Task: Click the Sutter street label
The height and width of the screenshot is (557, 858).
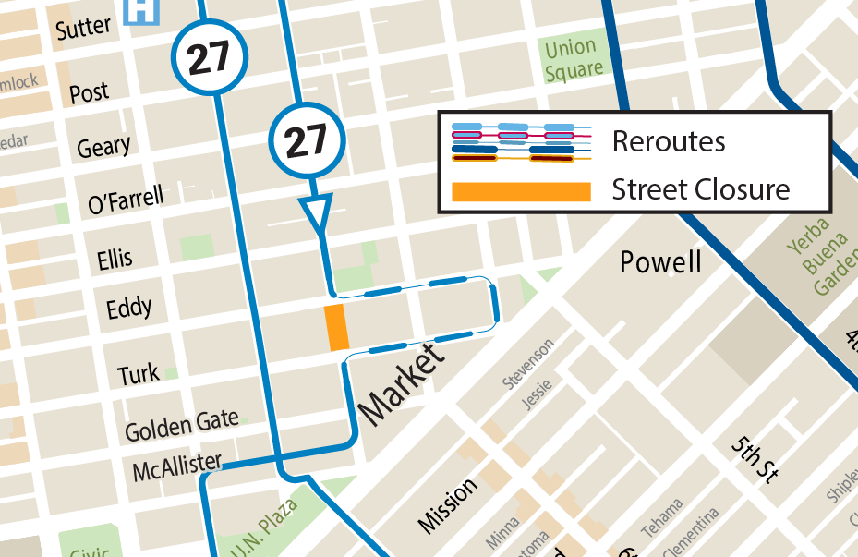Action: click(82, 28)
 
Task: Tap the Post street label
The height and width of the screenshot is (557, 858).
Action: click(89, 92)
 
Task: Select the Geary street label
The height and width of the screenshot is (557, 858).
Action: click(103, 147)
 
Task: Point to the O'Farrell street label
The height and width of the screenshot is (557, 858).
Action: click(126, 199)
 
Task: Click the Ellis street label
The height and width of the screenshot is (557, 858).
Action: click(115, 259)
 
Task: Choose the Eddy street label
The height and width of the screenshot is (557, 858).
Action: click(128, 308)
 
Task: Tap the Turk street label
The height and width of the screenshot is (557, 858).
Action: click(138, 375)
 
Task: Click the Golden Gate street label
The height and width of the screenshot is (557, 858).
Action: click(181, 426)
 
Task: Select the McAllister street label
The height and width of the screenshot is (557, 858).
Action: click(176, 467)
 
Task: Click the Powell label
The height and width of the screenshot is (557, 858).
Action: click(660, 262)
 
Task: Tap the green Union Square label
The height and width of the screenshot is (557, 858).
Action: click(572, 58)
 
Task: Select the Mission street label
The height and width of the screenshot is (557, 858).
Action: click(448, 505)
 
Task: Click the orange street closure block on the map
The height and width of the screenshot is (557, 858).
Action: click(336, 327)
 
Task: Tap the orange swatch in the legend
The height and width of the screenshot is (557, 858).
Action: click(520, 191)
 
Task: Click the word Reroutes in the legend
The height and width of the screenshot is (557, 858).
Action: click(668, 142)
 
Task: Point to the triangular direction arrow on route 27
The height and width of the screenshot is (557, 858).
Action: click(317, 212)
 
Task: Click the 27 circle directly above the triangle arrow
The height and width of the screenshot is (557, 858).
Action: click(306, 140)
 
